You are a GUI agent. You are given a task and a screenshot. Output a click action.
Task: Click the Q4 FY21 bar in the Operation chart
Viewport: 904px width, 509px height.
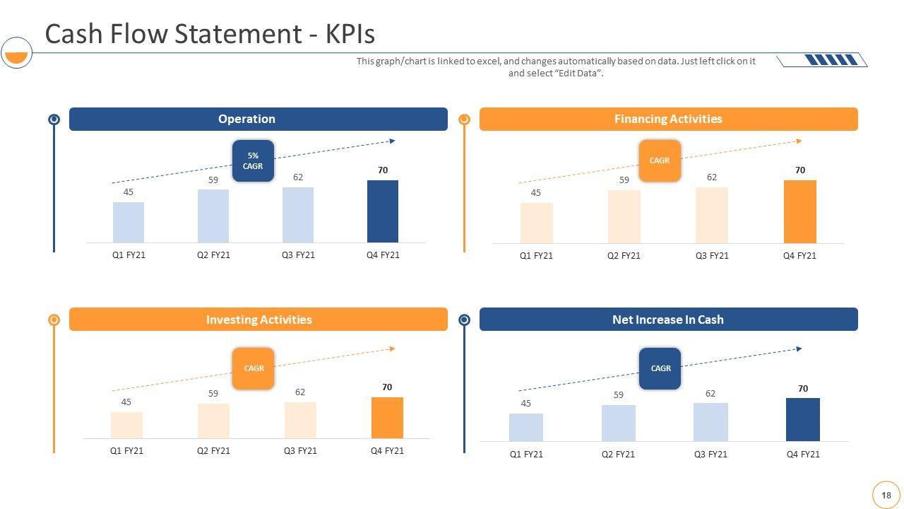pyautogui.click(x=382, y=211)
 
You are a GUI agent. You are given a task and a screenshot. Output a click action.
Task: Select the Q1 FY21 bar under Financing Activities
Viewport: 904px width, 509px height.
pyautogui.click(x=536, y=223)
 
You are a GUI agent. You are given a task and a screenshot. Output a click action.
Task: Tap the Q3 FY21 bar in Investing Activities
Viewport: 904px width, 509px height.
pyautogui.click(x=300, y=420)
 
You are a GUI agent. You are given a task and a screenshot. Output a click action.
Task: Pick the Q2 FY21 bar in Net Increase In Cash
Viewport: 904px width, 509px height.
pyautogui.click(x=618, y=423)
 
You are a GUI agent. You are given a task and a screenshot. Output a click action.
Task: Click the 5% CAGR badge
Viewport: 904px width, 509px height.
pyautogui.click(x=253, y=160)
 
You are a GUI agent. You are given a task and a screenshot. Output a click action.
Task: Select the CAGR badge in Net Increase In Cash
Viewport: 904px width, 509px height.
pyautogui.click(x=660, y=368)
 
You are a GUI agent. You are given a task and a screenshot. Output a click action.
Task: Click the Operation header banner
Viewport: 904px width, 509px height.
pyautogui.click(x=258, y=119)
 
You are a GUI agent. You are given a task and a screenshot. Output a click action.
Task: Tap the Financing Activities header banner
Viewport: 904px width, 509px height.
pyautogui.click(x=668, y=119)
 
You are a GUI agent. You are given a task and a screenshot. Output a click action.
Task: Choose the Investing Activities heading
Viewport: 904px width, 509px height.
pyautogui.click(x=258, y=320)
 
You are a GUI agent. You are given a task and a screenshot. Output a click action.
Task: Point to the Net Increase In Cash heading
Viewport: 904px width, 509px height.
pyautogui.click(x=668, y=320)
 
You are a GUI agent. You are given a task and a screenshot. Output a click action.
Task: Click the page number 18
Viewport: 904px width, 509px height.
pyautogui.click(x=886, y=496)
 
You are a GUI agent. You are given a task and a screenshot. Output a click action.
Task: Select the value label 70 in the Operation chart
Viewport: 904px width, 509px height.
pyautogui.click(x=382, y=170)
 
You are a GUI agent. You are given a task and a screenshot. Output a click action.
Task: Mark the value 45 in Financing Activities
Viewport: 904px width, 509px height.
pyautogui.click(x=535, y=193)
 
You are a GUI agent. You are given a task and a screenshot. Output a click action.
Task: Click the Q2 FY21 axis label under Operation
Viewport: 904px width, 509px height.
pyautogui.click(x=213, y=255)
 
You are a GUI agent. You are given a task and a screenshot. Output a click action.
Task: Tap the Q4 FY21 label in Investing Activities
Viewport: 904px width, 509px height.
pyautogui.click(x=387, y=451)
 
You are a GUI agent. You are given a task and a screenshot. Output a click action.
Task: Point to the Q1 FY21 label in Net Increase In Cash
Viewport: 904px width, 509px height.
pyautogui.click(x=526, y=455)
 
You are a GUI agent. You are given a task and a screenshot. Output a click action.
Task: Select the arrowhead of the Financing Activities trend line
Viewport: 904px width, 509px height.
pyautogui.click(x=799, y=141)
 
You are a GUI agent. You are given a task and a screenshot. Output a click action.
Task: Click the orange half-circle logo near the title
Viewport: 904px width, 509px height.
pyautogui.click(x=16, y=55)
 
